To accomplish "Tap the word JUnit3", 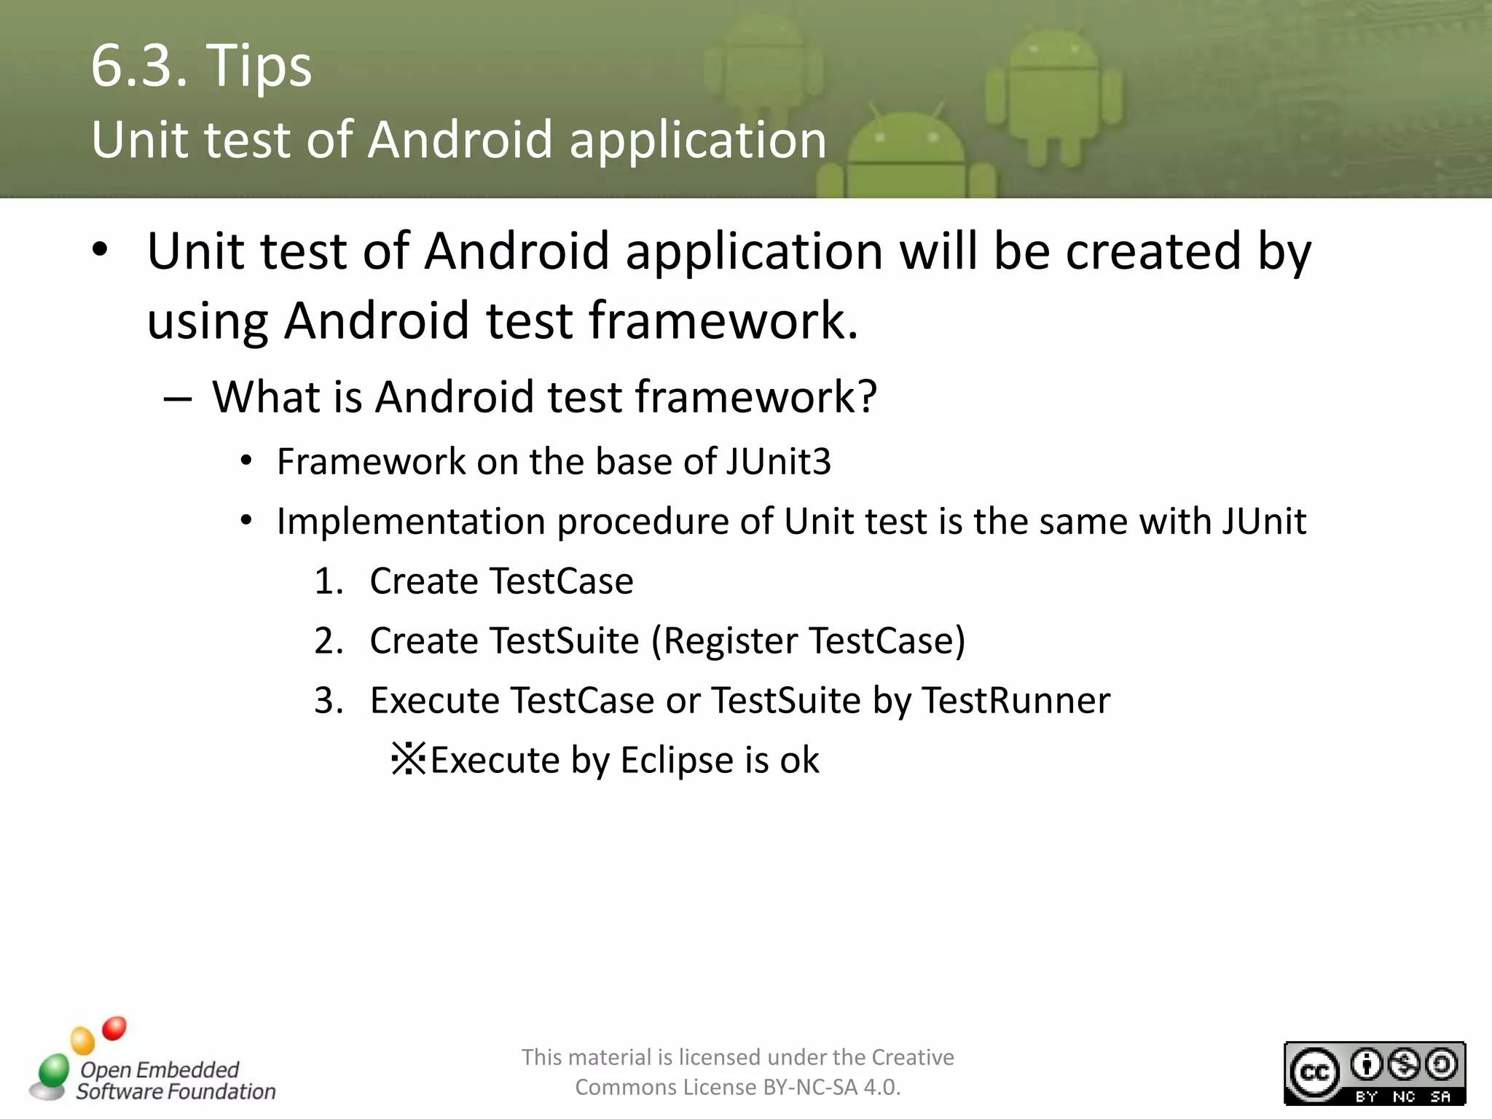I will pyautogui.click(x=778, y=462).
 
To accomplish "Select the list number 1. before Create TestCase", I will pyautogui.click(x=329, y=581).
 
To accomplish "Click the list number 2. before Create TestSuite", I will pyautogui.click(x=329, y=641).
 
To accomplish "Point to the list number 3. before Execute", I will pyautogui.click(x=329, y=701).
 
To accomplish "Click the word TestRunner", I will pyautogui.click(x=1016, y=701).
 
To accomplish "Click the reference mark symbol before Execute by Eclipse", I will pyautogui.click(x=408, y=759).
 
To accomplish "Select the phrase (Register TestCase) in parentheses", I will pyautogui.click(x=808, y=641).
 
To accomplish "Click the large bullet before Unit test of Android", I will pyautogui.click(x=100, y=251).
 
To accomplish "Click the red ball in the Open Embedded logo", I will pyautogui.click(x=114, y=1029).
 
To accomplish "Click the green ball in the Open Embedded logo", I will pyautogui.click(x=53, y=1070).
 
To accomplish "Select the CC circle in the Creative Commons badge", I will pyautogui.click(x=1314, y=1072).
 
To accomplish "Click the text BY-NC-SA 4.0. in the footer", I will pyautogui.click(x=831, y=1088).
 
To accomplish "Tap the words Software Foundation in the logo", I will pyautogui.click(x=176, y=1091).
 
